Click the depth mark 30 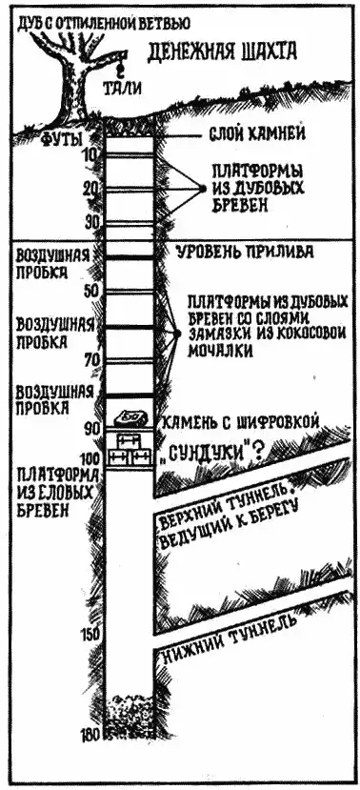point(91,222)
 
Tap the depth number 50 point(91,289)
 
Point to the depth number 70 point(91,360)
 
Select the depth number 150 point(90,635)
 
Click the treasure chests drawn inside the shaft point(130,449)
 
